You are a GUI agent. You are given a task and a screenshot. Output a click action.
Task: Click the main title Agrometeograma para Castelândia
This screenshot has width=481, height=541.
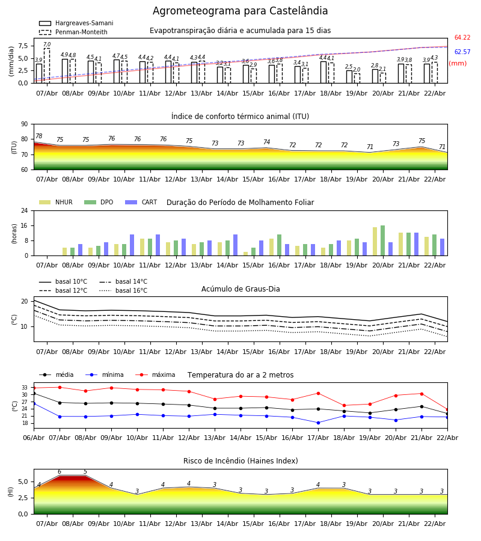240,11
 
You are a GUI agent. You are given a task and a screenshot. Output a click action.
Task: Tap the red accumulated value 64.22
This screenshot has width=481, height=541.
462,38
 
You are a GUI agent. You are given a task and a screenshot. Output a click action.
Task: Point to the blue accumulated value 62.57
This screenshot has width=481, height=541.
462,52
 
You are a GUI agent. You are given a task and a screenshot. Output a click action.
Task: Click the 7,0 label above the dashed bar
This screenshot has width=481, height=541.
47,44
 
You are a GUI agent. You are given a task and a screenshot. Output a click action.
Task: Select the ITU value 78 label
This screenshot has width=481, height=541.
38,136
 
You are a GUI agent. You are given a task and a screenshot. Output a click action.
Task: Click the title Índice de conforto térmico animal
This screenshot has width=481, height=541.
240,117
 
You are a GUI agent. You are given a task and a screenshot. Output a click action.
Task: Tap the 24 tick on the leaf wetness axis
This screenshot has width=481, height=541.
26,211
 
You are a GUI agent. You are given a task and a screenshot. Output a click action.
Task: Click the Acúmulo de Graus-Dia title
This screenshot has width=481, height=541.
240,289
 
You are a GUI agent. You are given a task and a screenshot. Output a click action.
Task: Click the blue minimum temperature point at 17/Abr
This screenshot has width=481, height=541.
318,423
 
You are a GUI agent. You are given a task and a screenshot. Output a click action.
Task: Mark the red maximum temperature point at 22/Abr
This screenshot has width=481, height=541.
447,409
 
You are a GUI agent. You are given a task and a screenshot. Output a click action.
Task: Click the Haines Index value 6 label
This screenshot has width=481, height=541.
59,472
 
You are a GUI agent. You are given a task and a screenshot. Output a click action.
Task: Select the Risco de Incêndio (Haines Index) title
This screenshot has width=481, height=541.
240,461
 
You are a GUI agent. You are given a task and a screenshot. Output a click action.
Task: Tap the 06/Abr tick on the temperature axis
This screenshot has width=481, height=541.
34,438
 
